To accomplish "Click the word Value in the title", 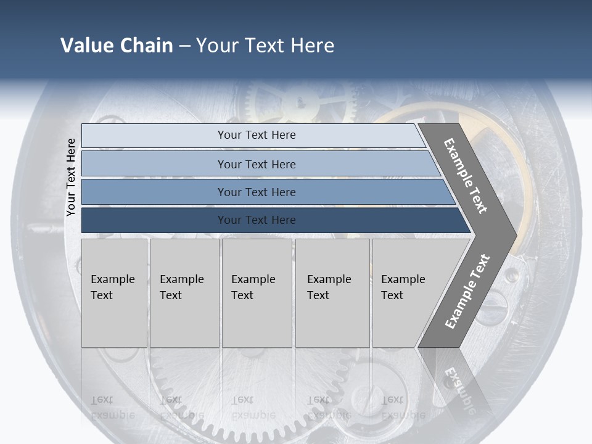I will [x=85, y=46].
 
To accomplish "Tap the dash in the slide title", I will [x=184, y=46].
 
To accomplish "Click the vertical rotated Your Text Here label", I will [x=71, y=178].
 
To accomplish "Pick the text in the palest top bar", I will [x=257, y=135].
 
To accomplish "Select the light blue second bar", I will [x=257, y=164].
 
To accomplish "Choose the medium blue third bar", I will [x=257, y=192].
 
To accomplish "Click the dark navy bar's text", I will [x=257, y=220].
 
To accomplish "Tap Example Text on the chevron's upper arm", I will [x=466, y=176].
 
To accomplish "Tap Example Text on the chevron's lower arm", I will [x=467, y=292].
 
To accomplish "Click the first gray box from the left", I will [x=114, y=293].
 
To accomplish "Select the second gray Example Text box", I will [x=184, y=293].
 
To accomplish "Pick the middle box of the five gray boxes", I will [x=257, y=293].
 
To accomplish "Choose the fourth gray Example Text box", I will [x=332, y=293].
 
